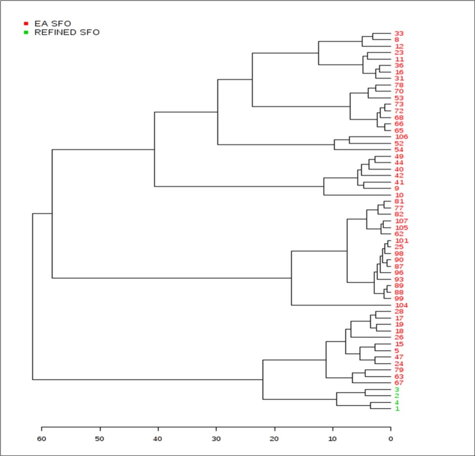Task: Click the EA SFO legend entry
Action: (x=53, y=24)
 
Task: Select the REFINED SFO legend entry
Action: (x=67, y=32)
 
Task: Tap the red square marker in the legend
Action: (x=26, y=24)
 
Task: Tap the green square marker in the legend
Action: (x=26, y=32)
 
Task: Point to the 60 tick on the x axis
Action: (x=41, y=439)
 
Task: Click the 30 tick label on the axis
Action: (x=216, y=439)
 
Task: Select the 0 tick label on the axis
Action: (x=391, y=439)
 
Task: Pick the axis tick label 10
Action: (x=332, y=439)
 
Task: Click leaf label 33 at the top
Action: (x=399, y=33)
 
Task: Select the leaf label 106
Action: (x=401, y=137)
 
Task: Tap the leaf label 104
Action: (x=401, y=305)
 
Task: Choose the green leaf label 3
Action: (x=397, y=390)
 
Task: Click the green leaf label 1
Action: (x=397, y=409)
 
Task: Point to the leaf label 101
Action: (x=401, y=241)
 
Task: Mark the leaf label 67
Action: (x=399, y=383)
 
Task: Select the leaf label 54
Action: (x=399, y=150)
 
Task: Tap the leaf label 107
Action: (x=401, y=221)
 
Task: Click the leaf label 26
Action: (x=399, y=337)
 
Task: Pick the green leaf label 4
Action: (x=397, y=402)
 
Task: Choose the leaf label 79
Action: (x=399, y=370)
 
